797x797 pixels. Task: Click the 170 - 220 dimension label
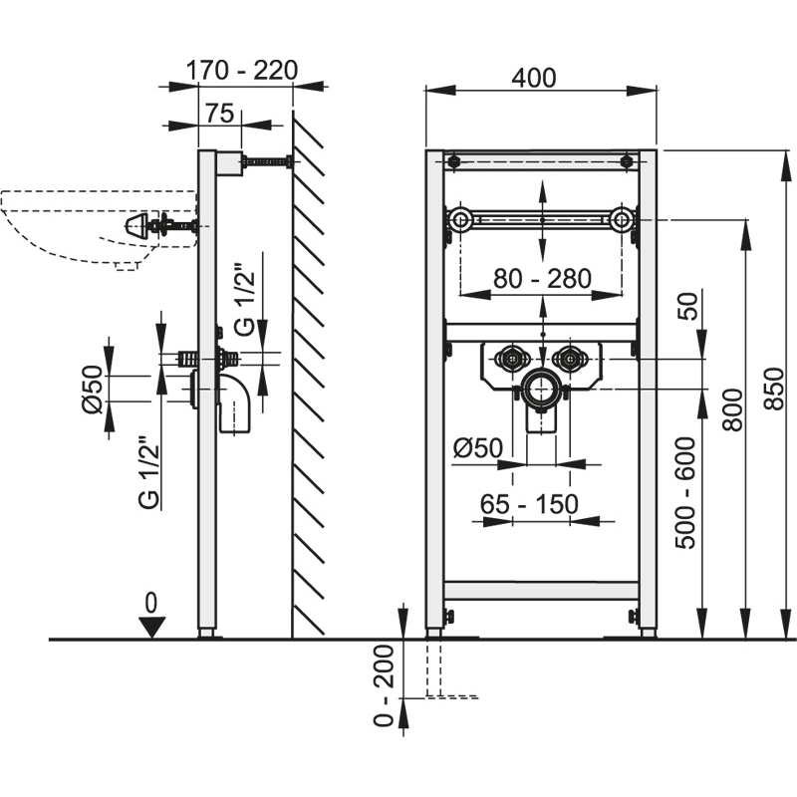coord(243,71)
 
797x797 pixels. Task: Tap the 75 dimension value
coord(219,113)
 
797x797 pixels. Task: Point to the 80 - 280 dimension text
coord(541,279)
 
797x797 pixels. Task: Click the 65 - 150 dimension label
coord(529,503)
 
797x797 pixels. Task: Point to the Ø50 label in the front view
coord(476,448)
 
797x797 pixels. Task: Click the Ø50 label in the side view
coord(89,388)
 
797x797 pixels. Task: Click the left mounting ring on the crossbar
coord(460,219)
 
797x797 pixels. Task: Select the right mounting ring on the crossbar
coord(623,219)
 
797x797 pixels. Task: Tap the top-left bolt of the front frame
coord(454,161)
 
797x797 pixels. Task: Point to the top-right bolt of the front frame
coord(628,161)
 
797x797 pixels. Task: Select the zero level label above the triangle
coord(150,601)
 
